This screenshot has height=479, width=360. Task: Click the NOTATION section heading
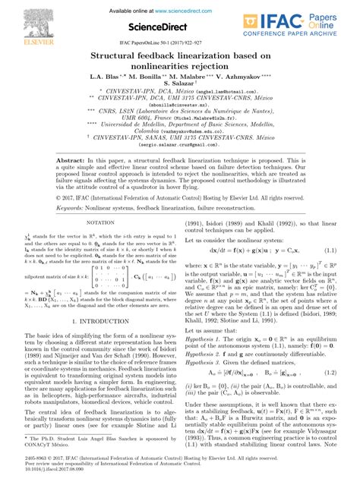102,246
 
